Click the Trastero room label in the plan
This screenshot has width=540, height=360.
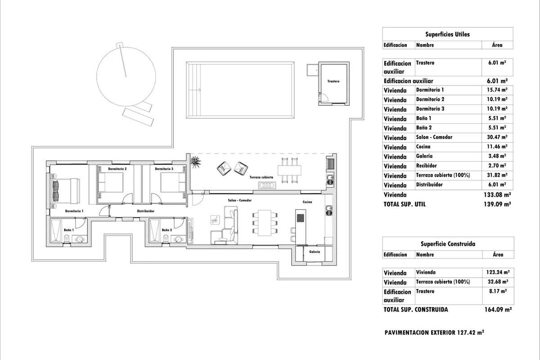(333, 81)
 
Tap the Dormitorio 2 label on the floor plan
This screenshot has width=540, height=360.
(117, 169)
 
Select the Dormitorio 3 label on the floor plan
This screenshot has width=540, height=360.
(164, 169)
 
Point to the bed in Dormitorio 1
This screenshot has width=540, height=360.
(66, 190)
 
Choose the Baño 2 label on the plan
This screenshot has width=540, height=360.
(166, 230)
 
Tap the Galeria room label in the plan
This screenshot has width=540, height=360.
(315, 252)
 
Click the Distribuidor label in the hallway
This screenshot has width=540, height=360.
(146, 211)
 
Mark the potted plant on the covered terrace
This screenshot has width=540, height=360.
(195, 161)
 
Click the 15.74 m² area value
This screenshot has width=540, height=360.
(498, 90)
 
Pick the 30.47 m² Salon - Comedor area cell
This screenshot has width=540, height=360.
(498, 137)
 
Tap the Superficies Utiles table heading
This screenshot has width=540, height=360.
(447, 34)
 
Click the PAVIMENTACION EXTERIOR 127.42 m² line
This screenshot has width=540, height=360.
(434, 333)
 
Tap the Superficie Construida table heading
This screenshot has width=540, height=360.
(447, 244)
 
